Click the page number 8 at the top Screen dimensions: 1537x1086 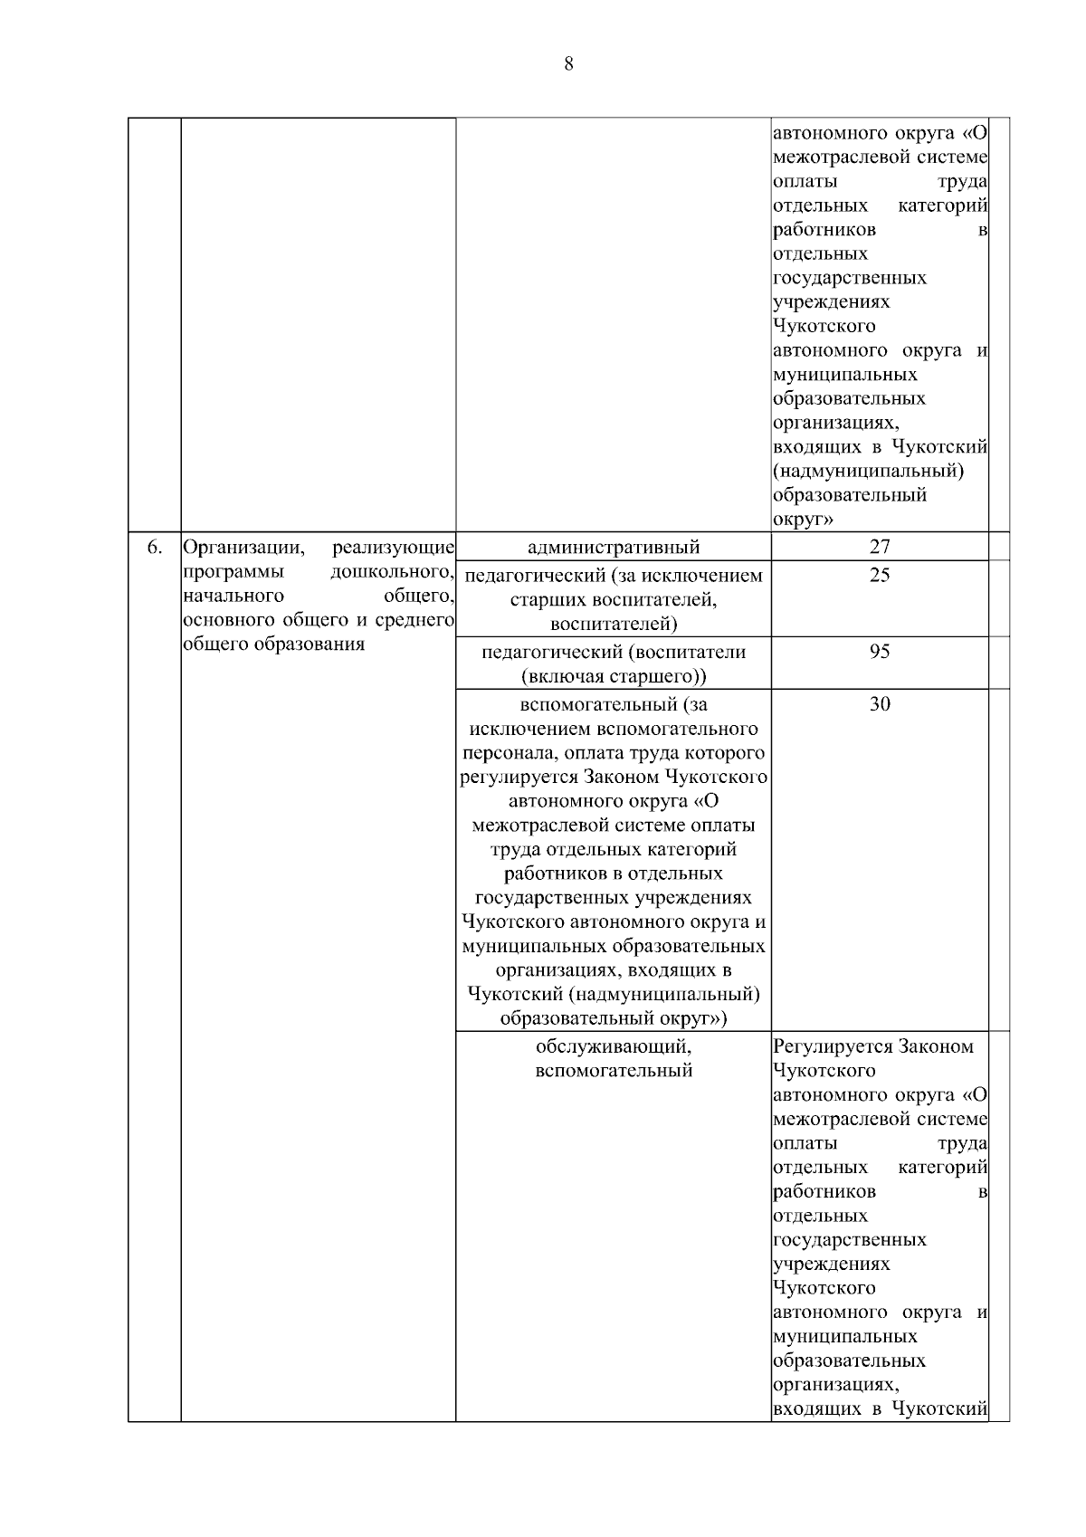coord(568,63)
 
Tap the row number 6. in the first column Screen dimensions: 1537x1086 coord(155,547)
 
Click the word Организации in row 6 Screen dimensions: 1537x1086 coord(233,548)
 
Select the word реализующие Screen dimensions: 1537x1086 coord(393,548)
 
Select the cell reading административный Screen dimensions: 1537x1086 coord(614,547)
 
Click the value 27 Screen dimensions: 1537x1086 coord(880,547)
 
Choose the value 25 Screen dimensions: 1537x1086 coord(880,576)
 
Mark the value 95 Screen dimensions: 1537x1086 coord(880,652)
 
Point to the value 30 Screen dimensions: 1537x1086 coord(880,704)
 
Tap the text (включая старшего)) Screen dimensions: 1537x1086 coord(614,676)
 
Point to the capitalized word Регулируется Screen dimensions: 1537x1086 coord(834,1046)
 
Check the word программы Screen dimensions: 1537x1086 coord(233,572)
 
